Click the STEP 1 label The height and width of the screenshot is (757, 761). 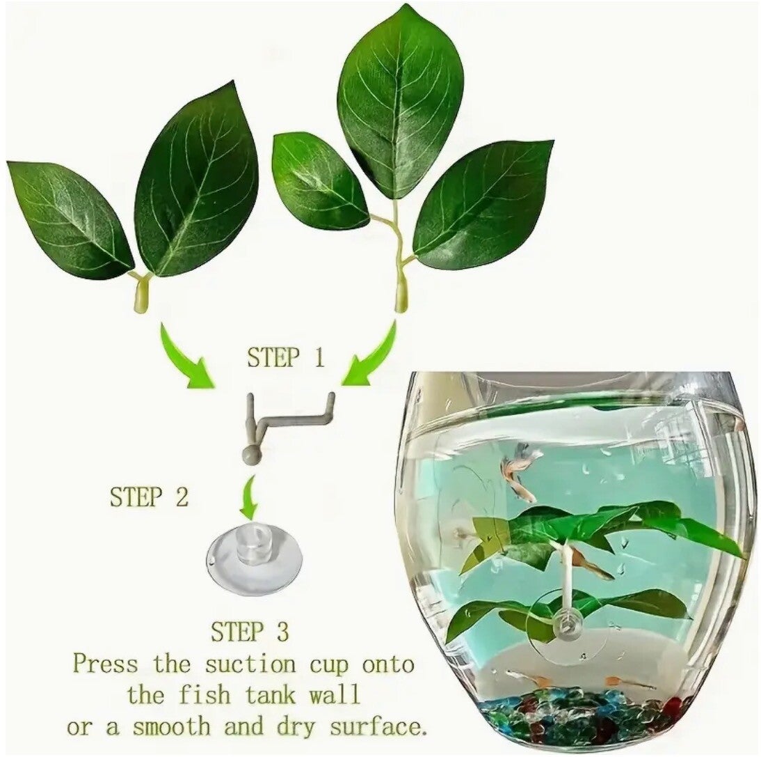286,359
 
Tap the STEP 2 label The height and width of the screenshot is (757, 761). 149,497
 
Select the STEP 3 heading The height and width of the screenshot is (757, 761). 250,632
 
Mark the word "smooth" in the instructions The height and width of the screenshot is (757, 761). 172,727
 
